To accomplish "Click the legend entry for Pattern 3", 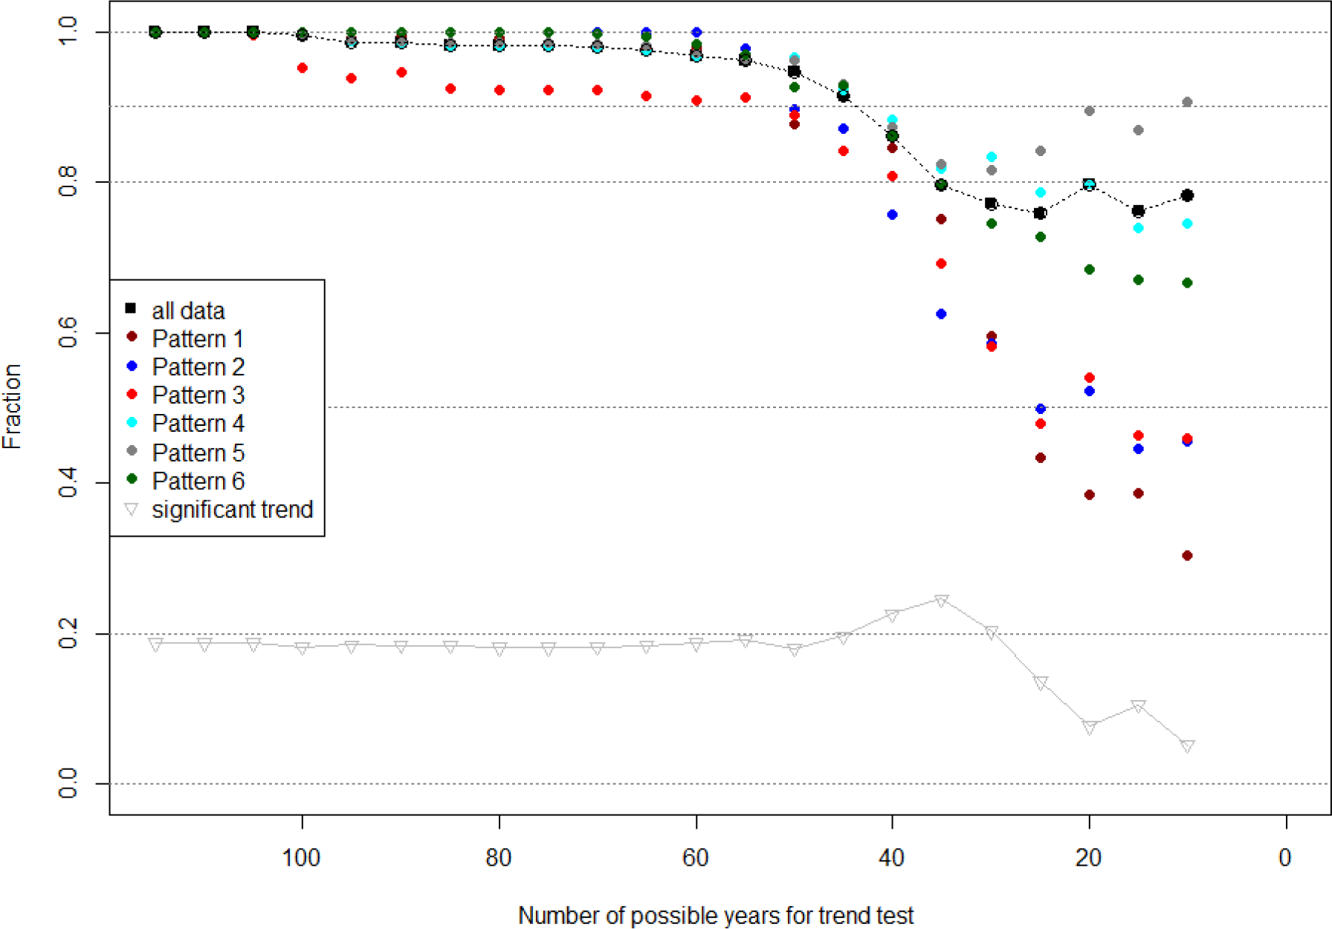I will click(198, 395).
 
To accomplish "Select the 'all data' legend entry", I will click(187, 311).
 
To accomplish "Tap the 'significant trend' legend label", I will click(232, 510).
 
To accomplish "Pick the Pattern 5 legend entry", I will click(198, 453).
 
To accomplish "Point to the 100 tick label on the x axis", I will click(301, 858).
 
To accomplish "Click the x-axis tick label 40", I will click(891, 858).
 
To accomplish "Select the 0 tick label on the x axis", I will click(1285, 858).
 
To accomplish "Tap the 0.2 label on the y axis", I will click(68, 633).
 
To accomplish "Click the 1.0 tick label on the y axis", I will click(68, 31).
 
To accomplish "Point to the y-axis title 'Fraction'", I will click(13, 407).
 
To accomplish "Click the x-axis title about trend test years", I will click(715, 916).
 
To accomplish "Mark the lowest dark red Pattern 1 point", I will click(1187, 556).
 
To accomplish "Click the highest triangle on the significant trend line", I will click(941, 601).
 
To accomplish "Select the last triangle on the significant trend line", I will click(1187, 746).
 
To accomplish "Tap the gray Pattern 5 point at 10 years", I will click(1187, 103).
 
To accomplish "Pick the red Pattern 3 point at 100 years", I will click(303, 68).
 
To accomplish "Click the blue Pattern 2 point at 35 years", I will click(941, 314).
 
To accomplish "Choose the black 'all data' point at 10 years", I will click(1187, 195).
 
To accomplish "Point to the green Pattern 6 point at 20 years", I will click(1089, 270).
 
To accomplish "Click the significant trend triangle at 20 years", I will click(1089, 728).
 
